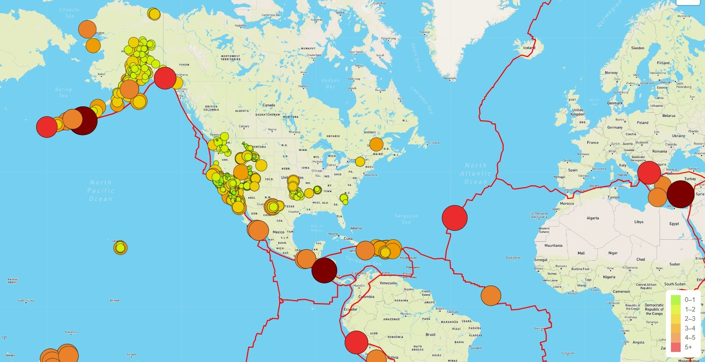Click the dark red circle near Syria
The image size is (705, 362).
pos(680,194)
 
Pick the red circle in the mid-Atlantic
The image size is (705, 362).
pos(454,218)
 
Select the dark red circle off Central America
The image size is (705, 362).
pos(324,270)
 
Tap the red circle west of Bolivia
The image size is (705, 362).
pos(356,342)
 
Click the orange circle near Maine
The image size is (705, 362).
pos(376,144)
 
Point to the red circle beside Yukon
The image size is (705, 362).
pos(165,78)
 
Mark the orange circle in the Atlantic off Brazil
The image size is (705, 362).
pos(491,296)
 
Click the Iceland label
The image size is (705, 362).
pos(529,48)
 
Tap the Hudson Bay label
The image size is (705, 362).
pos(330,83)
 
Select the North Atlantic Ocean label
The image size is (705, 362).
pos(475,174)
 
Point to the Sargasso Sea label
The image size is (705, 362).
pos(406,219)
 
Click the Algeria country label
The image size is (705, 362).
pos(593,218)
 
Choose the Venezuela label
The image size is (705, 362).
pos(388,283)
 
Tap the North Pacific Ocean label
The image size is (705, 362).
pos(101,190)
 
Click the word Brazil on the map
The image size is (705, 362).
pos(430,335)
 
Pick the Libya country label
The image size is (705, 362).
pos(639,222)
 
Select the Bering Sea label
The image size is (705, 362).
pos(63,92)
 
